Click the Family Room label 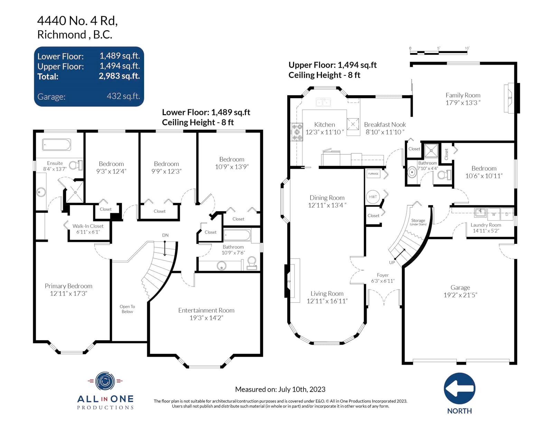click(x=463, y=95)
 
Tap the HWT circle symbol click(x=373, y=197)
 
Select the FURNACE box click(x=373, y=174)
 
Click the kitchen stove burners click(x=297, y=132)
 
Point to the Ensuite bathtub click(x=56, y=145)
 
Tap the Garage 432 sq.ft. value click(x=123, y=96)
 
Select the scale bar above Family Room click(x=439, y=53)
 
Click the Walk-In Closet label click(x=88, y=226)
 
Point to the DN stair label click(x=165, y=235)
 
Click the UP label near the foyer click(x=392, y=262)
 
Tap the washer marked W click(x=494, y=214)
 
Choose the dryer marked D click(x=507, y=214)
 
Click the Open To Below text click(x=127, y=309)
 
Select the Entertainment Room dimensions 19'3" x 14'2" click(x=206, y=318)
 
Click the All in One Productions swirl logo click(x=105, y=381)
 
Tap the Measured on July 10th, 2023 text click(x=280, y=389)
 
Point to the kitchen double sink click(x=323, y=102)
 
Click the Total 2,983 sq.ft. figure click(x=119, y=76)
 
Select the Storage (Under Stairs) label click(x=418, y=222)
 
